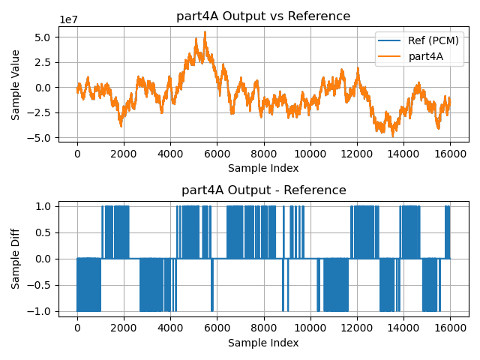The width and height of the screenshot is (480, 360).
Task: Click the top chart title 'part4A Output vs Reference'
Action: (x=263, y=16)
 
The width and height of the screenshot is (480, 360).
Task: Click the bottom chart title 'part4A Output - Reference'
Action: (x=263, y=190)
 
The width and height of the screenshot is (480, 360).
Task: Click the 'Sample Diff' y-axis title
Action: (x=16, y=258)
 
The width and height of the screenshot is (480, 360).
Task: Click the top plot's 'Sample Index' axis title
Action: (x=263, y=168)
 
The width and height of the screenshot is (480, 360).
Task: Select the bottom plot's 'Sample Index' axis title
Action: (x=263, y=343)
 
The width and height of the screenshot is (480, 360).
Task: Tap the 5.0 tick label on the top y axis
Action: (x=43, y=37)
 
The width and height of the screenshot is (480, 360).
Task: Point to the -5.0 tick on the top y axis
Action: (x=41, y=138)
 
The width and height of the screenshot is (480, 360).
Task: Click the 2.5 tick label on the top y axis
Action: (x=43, y=62)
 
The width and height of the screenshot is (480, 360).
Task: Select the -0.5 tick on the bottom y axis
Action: (x=41, y=285)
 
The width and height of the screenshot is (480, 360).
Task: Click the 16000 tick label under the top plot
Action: (x=450, y=154)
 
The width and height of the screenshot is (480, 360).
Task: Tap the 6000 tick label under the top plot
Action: (x=217, y=154)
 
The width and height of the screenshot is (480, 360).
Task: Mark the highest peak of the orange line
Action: (x=205, y=32)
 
